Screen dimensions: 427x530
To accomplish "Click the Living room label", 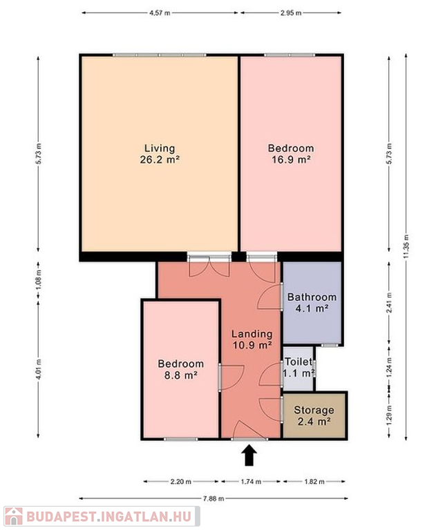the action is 160,148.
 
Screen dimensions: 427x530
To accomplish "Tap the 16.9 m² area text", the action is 291,159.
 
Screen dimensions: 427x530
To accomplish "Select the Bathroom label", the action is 312,297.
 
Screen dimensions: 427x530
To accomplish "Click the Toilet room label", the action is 298,362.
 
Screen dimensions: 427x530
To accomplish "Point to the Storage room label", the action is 314,410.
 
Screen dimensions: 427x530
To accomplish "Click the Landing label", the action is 252,334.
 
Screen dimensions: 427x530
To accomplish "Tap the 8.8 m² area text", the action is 181,375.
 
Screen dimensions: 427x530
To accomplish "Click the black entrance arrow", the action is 249,455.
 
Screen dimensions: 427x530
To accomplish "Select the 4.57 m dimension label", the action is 160,13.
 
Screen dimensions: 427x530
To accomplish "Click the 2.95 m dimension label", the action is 291,13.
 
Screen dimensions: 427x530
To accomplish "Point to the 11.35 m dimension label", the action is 406,247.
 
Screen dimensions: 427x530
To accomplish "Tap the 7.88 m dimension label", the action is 213,498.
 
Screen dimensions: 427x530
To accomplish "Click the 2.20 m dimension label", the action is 181,481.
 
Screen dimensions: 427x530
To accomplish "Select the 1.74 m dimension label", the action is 251,481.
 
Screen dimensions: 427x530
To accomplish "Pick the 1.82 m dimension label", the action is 314,481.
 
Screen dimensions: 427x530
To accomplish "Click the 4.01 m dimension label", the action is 39,369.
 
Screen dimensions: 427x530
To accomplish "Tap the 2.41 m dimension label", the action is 390,302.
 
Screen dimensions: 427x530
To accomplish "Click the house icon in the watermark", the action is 14,516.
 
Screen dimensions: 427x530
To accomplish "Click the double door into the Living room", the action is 209,267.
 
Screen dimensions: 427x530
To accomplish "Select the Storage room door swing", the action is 271,409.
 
